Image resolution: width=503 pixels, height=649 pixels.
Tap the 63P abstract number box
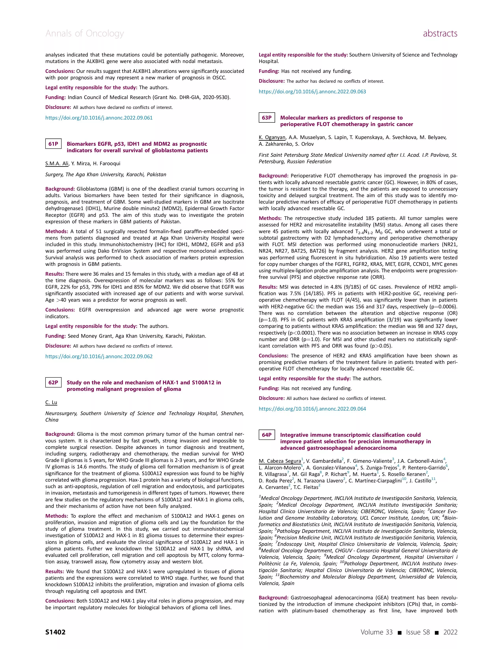tap(266, 118)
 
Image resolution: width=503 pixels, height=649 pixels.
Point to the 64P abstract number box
tap(266, 435)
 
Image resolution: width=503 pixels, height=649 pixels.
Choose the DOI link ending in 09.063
tap(312, 92)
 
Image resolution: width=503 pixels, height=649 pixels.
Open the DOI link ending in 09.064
tap(312, 409)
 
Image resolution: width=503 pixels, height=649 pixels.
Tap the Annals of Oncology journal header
tap(85, 33)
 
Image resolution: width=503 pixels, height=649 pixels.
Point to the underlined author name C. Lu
tap(51, 402)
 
